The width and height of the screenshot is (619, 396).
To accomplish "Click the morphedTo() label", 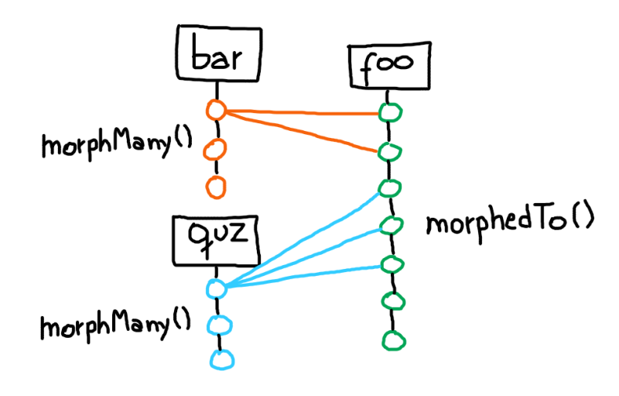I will pos(510,223).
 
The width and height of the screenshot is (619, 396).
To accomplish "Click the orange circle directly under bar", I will pos(216,111).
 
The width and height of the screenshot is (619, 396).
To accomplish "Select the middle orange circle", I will pos(216,149).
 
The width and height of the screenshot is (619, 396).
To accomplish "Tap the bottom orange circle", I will pos(216,186).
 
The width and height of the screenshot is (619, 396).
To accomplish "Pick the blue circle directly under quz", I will pos(217,288).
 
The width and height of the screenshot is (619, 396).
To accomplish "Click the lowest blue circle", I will pos(221,360).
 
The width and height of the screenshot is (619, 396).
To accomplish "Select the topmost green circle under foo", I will pos(390,112).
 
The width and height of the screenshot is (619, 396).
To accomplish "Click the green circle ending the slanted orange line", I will pos(389,150).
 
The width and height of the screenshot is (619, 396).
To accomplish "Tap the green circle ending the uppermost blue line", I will pos(390,188).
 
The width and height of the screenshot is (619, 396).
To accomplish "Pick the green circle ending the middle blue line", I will pos(391,226).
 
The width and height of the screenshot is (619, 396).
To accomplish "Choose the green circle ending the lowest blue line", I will pos(392,263).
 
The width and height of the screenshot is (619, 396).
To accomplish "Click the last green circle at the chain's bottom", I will pos(392,339).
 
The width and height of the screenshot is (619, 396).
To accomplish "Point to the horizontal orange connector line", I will pos(302,113).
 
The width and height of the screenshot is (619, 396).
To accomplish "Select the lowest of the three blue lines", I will pos(302,277).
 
